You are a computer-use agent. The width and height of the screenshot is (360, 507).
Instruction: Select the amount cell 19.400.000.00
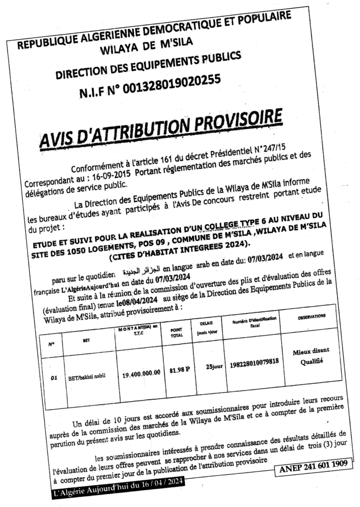[x=142, y=373]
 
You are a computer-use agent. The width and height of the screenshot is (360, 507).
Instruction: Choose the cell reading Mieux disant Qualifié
[x=310, y=355]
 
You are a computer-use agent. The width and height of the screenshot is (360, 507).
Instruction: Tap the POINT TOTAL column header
[x=176, y=331]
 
